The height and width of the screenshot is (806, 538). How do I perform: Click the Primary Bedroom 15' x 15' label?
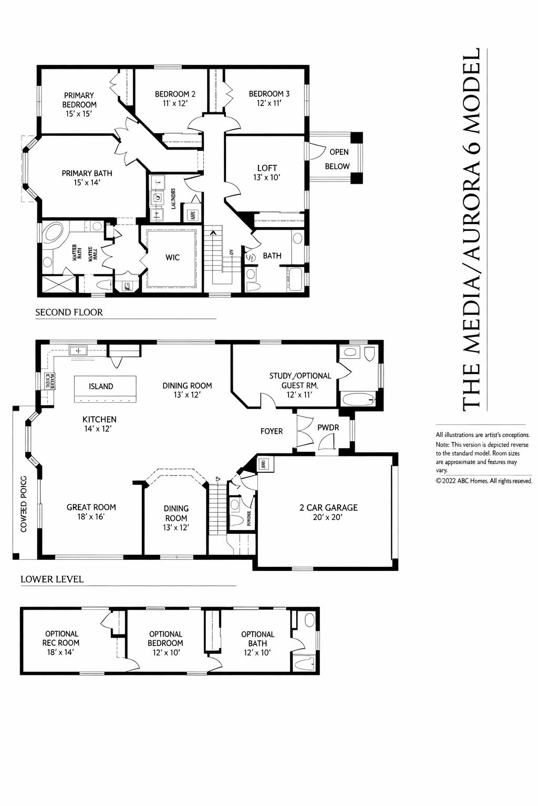(79, 104)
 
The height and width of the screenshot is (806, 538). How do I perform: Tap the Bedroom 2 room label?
(175, 98)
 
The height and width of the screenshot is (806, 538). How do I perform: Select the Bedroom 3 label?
(269, 98)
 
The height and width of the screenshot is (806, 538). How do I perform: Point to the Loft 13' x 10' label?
(267, 173)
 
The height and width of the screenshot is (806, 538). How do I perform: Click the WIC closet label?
(172, 257)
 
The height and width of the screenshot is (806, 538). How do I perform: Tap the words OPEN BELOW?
(338, 159)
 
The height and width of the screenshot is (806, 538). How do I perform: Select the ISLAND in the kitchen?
(101, 386)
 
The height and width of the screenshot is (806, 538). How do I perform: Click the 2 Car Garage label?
(328, 512)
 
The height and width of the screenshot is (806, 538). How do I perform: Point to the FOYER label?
(272, 431)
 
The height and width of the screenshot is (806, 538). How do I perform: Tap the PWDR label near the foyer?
(328, 428)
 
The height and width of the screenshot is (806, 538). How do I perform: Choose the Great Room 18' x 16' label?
(91, 512)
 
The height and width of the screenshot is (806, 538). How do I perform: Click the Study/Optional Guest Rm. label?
(300, 385)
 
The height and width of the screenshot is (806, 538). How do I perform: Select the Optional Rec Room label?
(61, 643)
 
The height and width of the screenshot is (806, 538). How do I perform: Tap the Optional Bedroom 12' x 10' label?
(165, 643)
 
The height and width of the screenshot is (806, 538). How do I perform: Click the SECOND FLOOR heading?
(69, 312)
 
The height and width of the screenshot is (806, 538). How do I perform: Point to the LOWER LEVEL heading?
(52, 579)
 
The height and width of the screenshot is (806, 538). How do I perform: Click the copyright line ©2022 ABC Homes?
(483, 481)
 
